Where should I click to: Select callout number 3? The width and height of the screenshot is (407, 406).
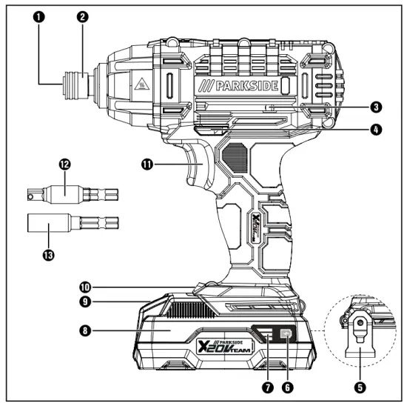point(377,107)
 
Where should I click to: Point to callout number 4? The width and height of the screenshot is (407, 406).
point(377,129)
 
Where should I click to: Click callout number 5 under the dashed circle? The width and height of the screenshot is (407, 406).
point(360,385)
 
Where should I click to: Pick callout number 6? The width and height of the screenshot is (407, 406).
point(286,385)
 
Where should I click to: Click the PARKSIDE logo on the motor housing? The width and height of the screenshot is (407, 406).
point(241,87)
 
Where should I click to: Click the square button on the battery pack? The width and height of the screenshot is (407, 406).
point(286,334)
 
